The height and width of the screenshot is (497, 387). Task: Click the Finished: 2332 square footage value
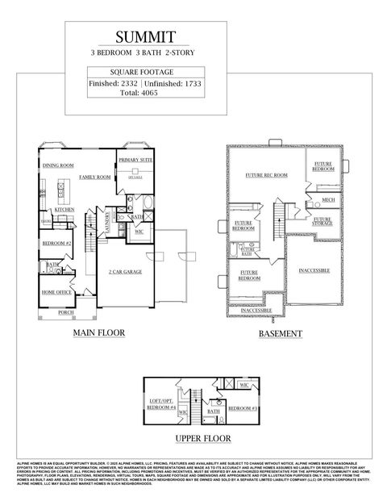click(x=112, y=82)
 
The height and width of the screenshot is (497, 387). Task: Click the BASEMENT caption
click(x=280, y=333)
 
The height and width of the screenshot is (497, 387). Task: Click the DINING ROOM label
click(x=58, y=165)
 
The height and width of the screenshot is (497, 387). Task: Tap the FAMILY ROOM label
click(x=94, y=176)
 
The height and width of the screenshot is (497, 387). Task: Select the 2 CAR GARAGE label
click(x=125, y=272)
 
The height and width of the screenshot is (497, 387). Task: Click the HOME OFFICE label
click(x=56, y=292)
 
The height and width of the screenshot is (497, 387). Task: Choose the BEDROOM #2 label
click(x=57, y=243)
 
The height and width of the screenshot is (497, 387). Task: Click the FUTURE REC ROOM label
click(x=266, y=175)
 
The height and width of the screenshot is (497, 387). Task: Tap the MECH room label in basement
click(x=328, y=200)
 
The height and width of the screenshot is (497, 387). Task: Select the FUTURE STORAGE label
click(x=322, y=220)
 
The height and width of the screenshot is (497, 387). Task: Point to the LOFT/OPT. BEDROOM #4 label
click(x=164, y=404)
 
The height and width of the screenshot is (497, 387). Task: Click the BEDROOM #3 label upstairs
click(x=243, y=409)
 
